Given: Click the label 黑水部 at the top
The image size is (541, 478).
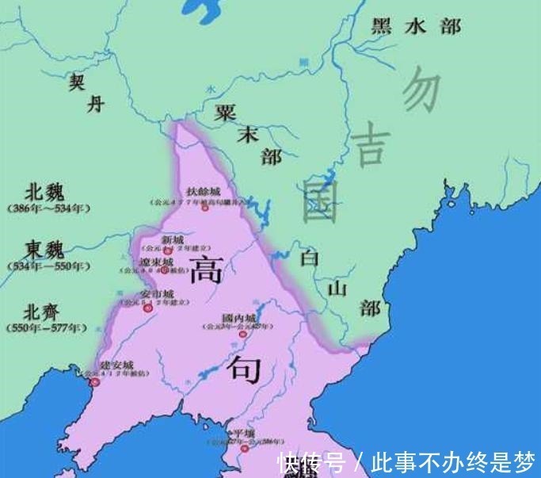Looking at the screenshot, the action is pos(416,26).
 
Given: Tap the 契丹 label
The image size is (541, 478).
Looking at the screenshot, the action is pos(86,93).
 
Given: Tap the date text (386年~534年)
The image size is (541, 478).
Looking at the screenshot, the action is pos(48,208).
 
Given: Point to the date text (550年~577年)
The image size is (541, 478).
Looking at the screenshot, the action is pos(48,327).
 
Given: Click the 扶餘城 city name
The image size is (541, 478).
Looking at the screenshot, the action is pos(203,192).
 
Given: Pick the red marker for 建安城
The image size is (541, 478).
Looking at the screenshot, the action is pos(96,382).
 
